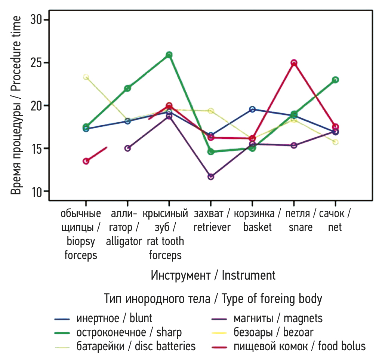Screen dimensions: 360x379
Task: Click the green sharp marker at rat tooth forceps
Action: point(169,55)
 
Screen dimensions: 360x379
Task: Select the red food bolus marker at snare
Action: point(294,63)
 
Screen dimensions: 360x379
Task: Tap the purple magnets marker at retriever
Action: point(211,176)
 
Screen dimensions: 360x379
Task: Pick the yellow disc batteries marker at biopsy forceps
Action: point(86,77)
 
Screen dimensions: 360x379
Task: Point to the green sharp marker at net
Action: point(335,80)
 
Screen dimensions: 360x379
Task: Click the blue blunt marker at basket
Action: point(252,109)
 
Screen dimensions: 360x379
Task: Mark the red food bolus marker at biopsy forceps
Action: point(86,161)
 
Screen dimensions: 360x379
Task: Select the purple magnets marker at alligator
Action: point(127,148)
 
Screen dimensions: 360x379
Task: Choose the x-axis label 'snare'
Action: point(300,227)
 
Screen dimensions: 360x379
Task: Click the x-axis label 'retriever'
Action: point(212,227)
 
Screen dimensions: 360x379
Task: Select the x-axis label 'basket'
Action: point(257,227)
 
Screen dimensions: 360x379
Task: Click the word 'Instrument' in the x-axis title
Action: point(249,276)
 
